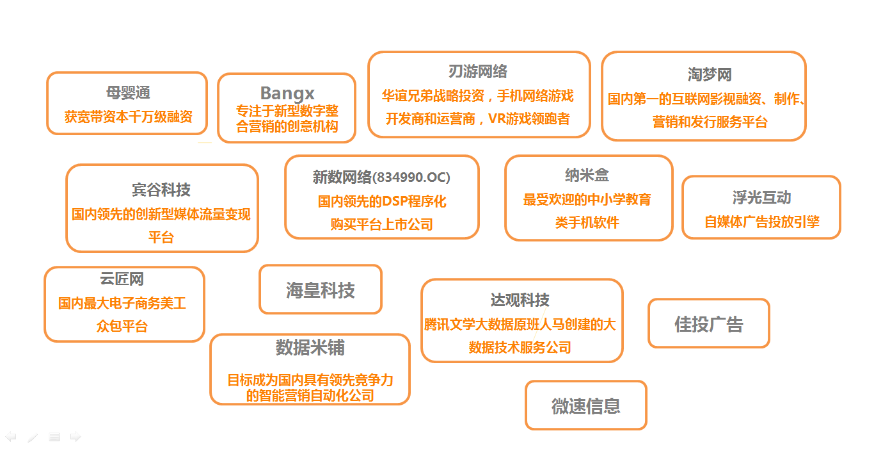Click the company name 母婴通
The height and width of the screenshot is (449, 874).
pos(128,93)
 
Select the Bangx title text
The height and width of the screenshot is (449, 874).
pos(287,94)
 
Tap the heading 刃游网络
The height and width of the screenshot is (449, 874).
pos(478,72)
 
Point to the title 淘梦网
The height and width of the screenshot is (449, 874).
pos(710,74)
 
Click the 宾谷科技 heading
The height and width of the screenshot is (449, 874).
pos(161,190)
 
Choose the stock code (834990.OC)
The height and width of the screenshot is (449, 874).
pos(411,177)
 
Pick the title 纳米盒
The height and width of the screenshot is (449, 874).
pos(587,175)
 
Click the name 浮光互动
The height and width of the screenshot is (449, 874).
pos(761,197)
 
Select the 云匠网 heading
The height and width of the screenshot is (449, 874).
pos(122,279)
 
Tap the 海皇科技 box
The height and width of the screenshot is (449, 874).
pos(321,290)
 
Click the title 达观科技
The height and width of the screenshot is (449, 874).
pos(520,300)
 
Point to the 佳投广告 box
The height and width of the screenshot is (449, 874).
pos(708,323)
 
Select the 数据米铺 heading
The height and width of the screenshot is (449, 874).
pos(310,347)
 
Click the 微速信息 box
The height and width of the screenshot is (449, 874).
pos(585,405)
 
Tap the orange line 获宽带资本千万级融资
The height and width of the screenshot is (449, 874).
pos(129,117)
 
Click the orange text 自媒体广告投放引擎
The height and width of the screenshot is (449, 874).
pos(761,222)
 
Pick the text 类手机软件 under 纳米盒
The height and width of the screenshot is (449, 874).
pos(587,222)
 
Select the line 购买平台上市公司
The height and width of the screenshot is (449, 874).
pos(381,224)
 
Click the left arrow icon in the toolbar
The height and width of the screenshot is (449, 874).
pos(10,436)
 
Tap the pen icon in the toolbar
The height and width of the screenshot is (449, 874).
pos(33,437)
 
